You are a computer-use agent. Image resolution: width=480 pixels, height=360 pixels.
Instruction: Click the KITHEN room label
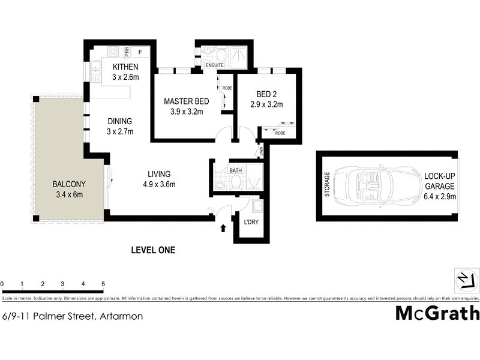click(x=125, y=67)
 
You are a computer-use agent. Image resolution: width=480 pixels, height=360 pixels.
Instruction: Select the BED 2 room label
click(x=266, y=94)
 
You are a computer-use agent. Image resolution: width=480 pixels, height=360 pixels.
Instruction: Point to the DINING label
click(x=120, y=121)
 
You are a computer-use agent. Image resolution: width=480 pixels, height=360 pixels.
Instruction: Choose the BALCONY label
click(x=69, y=184)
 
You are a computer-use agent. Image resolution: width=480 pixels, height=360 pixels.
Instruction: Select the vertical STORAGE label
click(x=327, y=185)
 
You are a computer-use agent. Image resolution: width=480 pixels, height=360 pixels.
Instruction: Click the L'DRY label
click(x=251, y=223)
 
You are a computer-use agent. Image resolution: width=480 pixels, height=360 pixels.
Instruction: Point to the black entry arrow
click(x=224, y=228)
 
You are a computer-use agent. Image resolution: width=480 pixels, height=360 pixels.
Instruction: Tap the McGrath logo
click(x=437, y=313)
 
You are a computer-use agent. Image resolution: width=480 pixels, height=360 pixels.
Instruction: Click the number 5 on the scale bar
click(x=103, y=283)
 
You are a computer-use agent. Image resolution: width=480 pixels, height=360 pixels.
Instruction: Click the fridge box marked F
click(x=140, y=52)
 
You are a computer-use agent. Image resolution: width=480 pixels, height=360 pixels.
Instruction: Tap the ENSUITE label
click(x=214, y=64)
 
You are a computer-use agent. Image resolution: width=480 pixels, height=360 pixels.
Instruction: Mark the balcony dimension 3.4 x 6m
click(x=69, y=194)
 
